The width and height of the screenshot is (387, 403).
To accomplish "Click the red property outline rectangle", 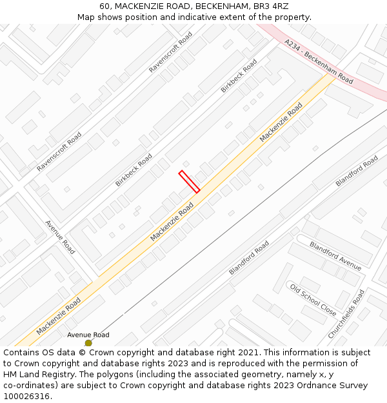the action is [189, 181].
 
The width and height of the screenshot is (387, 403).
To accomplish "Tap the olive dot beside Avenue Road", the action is [88, 343].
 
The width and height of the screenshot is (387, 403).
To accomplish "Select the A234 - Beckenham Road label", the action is [319, 61].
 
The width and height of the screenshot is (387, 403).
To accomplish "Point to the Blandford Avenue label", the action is [335, 255].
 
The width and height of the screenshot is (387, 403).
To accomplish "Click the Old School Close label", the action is [313, 299].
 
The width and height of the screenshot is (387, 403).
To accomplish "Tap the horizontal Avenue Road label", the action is [88, 335].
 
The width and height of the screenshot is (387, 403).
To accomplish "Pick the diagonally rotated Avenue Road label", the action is [60, 237].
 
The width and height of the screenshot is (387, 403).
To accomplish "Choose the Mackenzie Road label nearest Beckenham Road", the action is [281, 123].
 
